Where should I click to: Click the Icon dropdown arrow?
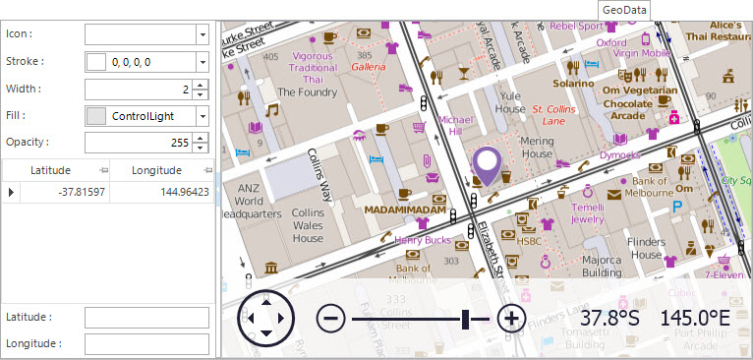tap(202, 33)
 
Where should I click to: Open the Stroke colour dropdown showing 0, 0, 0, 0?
tap(146, 61)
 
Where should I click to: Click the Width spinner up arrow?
tap(202, 84)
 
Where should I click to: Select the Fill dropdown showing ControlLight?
tap(146, 116)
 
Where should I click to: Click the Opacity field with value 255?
tap(138, 143)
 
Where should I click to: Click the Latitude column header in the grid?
tap(51, 170)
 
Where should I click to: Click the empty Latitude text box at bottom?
tap(147, 318)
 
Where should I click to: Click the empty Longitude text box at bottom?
tap(147, 344)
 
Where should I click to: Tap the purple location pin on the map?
tap(487, 163)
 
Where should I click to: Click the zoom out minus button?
tap(330, 318)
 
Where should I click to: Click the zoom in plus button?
tap(510, 318)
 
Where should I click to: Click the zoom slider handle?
tap(466, 318)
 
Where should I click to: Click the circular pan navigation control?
tap(265, 318)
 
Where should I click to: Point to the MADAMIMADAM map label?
tap(405, 210)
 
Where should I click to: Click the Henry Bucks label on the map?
tap(422, 240)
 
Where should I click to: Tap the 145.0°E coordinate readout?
tap(694, 318)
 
